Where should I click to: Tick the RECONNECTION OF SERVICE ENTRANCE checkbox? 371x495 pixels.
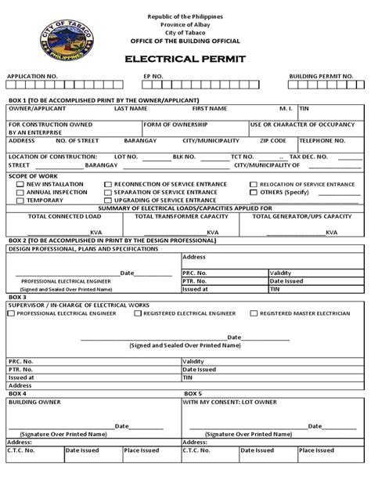click(107, 184)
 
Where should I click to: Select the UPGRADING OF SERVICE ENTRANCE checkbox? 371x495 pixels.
click(107, 200)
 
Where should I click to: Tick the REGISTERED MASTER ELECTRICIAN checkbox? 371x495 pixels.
click(254, 313)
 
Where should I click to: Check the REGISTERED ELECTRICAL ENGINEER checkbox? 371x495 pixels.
click(138, 313)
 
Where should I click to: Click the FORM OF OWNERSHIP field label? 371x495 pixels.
click(167, 124)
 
